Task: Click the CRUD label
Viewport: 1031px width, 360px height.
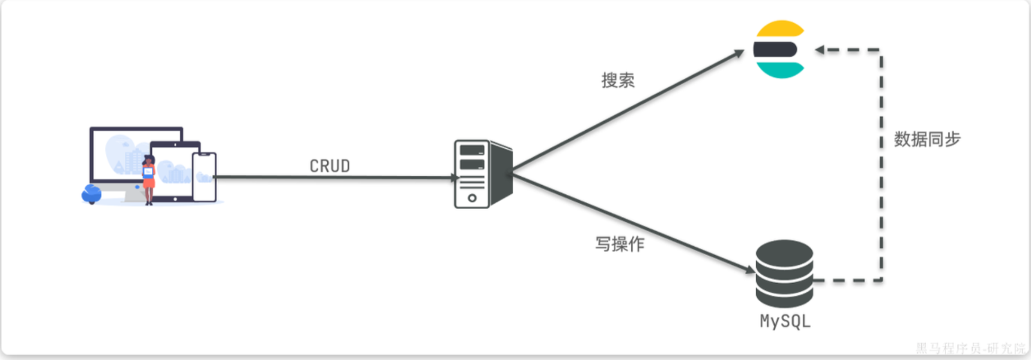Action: [x=329, y=166]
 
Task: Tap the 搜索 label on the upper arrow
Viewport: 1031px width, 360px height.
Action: [x=617, y=80]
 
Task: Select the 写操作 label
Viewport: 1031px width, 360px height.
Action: [x=620, y=244]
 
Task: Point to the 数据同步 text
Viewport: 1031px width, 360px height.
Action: [x=927, y=139]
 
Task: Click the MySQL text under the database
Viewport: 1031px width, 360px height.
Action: [x=785, y=321]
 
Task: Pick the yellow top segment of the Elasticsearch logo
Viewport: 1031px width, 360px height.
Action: [x=780, y=29]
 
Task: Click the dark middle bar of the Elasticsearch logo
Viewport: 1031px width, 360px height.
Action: [x=775, y=50]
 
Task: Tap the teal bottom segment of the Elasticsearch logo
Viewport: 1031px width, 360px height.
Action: [x=780, y=70]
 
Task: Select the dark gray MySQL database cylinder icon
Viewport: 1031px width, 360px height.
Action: [x=784, y=273]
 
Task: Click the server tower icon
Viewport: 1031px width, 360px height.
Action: [x=482, y=174]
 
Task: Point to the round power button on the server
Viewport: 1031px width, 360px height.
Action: [x=472, y=198]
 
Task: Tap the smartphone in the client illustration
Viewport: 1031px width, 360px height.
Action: [x=204, y=177]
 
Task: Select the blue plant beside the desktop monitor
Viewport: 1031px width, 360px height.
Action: [x=91, y=194]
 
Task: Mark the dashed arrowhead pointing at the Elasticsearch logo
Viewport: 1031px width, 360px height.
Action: [x=820, y=50]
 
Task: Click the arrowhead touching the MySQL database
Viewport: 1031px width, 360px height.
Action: [x=750, y=270]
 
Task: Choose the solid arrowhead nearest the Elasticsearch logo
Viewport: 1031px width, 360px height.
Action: [x=739, y=53]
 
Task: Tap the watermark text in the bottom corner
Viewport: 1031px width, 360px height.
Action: [x=970, y=348]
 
